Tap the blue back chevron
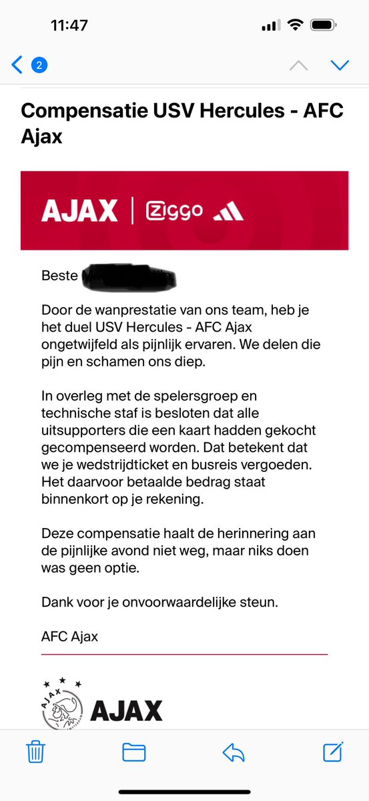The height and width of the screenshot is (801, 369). coord(17,65)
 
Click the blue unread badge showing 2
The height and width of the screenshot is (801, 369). coord(39,65)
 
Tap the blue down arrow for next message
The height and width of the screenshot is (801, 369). coord(340,65)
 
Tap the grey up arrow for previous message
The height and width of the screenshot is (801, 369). coord(298,65)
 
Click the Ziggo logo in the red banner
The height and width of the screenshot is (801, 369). coord(173,211)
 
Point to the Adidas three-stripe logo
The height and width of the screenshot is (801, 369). coord(228,212)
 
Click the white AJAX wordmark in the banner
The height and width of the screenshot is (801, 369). coord(79,211)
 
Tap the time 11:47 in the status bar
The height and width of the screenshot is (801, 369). coord(69,25)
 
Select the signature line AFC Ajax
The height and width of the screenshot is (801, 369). coord(69,636)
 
